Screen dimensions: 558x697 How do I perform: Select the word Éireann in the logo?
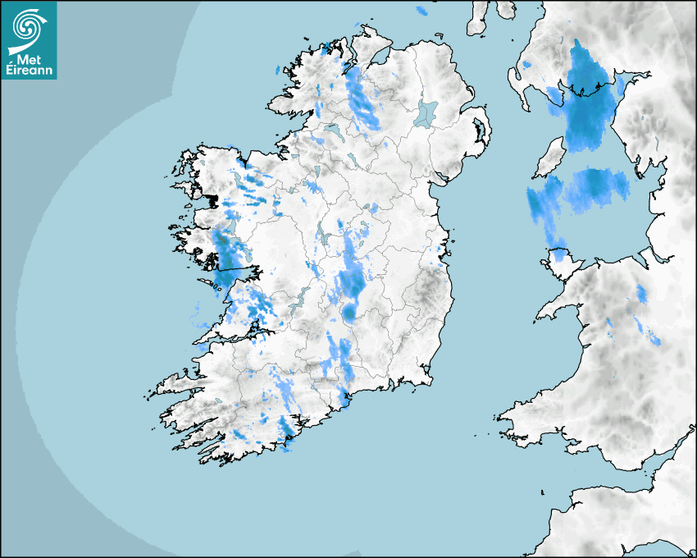[x=29, y=70]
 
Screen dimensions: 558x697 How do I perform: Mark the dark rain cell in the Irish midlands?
[x=352, y=284]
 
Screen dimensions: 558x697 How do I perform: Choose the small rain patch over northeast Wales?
[x=641, y=293]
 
